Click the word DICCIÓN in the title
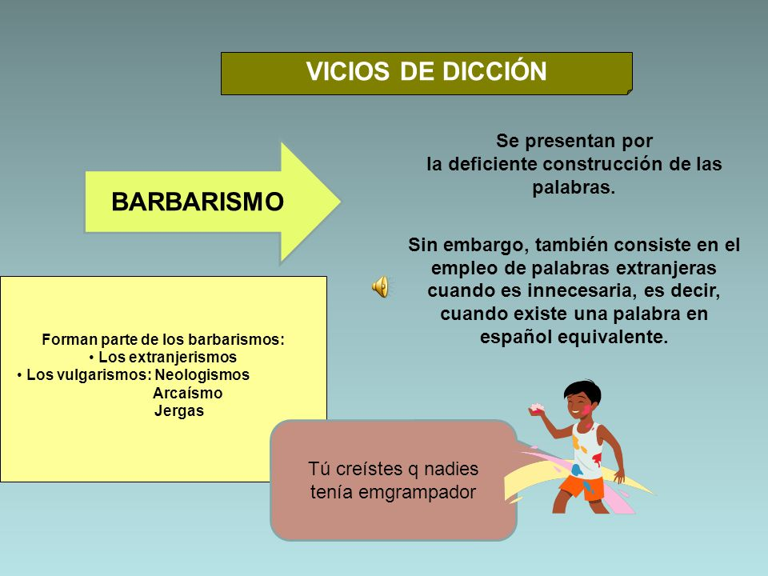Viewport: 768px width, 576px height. [495, 70]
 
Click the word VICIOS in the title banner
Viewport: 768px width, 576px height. [348, 71]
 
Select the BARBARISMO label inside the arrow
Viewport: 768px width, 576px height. [198, 202]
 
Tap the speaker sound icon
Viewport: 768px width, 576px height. [380, 286]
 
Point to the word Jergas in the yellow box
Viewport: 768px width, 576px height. [178, 410]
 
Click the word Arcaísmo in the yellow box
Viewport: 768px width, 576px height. [187, 393]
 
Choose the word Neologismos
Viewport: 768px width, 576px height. [202, 374]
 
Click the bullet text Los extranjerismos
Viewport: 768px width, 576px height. [167, 357]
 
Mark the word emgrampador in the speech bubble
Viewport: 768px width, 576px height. [417, 492]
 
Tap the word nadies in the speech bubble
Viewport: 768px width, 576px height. [451, 469]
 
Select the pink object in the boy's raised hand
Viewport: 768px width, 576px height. [538, 408]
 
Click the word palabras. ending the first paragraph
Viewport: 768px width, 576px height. [574, 187]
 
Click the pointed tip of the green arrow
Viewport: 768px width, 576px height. [340, 202]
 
